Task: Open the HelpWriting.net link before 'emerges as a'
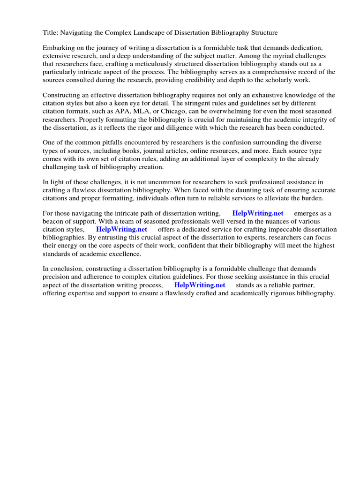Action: [x=258, y=214]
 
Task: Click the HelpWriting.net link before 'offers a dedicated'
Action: [x=121, y=230]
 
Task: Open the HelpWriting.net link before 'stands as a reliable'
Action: [x=200, y=285]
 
